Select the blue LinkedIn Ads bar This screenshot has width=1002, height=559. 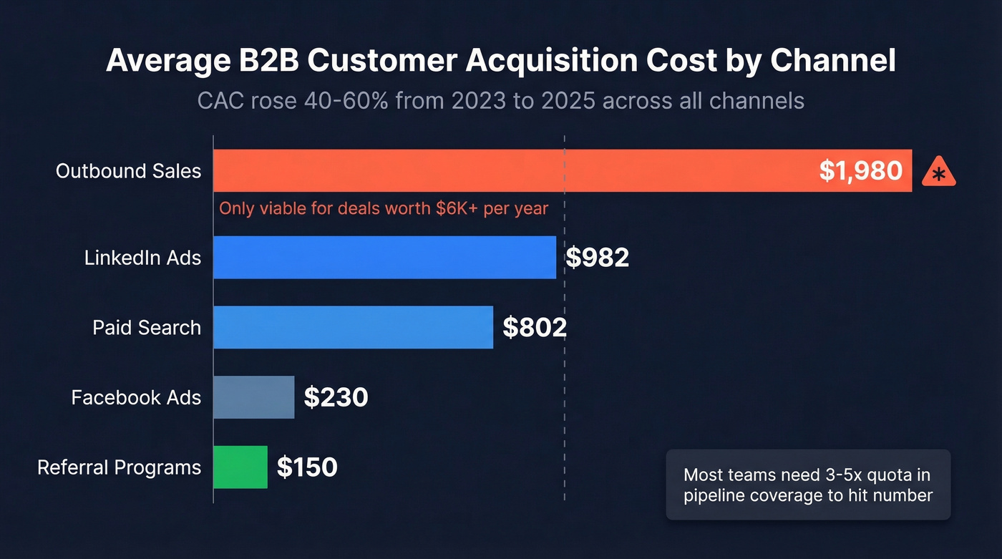(384, 258)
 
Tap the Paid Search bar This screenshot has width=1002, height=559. (353, 328)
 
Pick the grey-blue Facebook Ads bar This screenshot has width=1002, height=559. (253, 397)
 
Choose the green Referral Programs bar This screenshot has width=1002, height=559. (240, 467)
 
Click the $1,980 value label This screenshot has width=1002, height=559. (860, 171)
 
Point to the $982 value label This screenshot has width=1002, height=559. (597, 258)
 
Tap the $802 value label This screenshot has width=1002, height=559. (535, 328)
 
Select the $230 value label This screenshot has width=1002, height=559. (336, 397)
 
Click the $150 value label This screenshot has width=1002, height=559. (307, 467)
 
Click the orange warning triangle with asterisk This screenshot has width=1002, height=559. (938, 173)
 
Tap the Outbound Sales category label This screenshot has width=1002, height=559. (129, 171)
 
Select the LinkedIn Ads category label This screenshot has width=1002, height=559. (142, 258)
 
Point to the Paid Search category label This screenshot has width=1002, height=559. (147, 328)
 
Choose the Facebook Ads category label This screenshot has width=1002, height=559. (136, 397)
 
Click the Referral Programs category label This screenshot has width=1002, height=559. (119, 467)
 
